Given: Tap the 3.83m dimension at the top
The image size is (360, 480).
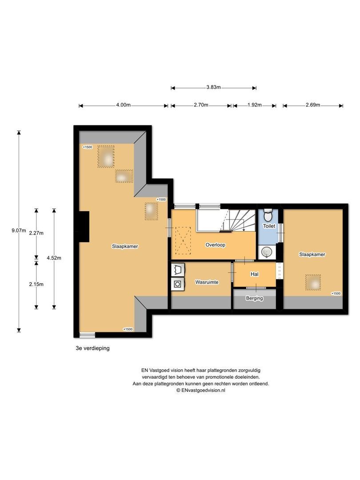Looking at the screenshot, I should (x=213, y=88).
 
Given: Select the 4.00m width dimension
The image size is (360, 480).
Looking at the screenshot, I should (x=123, y=105).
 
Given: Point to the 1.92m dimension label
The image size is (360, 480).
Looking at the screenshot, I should (x=254, y=105).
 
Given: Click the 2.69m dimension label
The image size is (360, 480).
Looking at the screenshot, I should (x=312, y=105).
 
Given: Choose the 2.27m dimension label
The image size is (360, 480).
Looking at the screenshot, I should (x=36, y=232).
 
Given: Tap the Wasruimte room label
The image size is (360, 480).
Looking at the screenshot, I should (x=207, y=282).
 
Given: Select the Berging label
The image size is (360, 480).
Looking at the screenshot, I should (x=254, y=298).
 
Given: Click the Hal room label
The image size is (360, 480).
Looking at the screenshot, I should (x=254, y=274).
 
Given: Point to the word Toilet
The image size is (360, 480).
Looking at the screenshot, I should (x=269, y=226).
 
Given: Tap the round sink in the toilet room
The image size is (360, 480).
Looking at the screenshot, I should (x=266, y=252).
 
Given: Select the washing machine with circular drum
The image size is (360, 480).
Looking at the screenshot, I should (x=177, y=283).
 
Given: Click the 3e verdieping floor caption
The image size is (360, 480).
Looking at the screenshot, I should (x=92, y=348).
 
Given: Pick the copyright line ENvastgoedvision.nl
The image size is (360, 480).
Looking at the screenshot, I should (x=201, y=390).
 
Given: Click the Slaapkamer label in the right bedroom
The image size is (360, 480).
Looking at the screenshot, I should (x=312, y=255).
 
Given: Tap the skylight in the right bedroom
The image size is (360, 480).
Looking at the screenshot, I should (x=313, y=282).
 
